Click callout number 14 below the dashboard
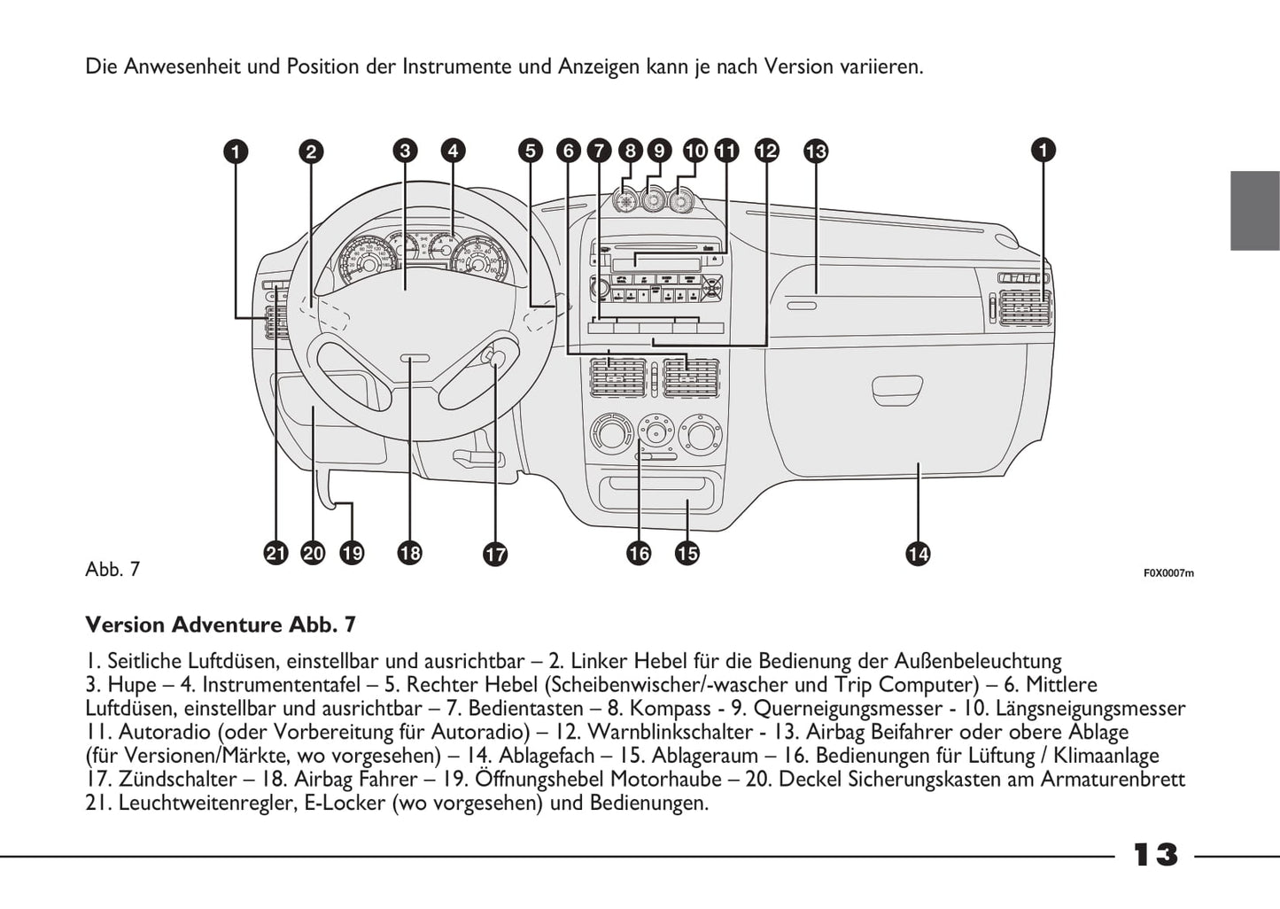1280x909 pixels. point(918,554)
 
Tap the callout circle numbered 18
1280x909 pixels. point(409,554)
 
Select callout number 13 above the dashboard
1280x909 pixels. point(815,151)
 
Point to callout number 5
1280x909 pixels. point(530,151)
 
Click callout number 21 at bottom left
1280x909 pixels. point(276,554)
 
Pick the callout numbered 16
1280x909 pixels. point(638,554)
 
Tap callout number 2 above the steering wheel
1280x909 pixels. point(310,151)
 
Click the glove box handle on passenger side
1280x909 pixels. point(897,387)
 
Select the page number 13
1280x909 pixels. point(1156,854)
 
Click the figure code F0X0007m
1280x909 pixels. point(1168,573)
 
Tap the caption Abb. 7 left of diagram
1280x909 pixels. point(112,570)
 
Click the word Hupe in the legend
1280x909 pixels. point(132,685)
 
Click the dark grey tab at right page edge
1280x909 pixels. point(1254,210)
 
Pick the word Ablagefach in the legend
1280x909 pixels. point(548,757)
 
